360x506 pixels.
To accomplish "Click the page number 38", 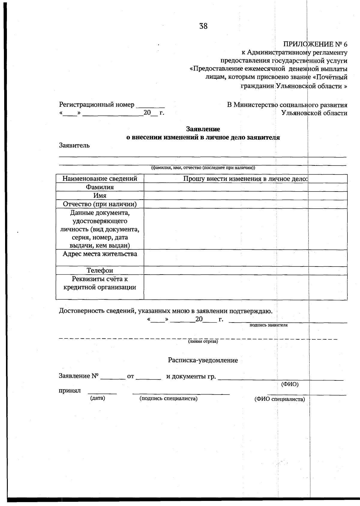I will point(203,26).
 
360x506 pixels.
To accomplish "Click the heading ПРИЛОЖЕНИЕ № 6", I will point(315,44).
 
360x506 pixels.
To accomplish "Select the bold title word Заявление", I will point(203,129).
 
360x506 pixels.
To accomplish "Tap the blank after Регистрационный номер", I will point(150,106).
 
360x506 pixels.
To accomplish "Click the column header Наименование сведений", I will point(100,179).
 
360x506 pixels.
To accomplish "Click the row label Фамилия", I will point(100,187).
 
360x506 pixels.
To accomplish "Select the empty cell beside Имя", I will point(245,196).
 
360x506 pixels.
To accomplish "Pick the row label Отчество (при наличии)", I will point(100,204).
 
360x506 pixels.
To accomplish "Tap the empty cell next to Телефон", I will point(245,271).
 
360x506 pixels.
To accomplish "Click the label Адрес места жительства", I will point(100,254).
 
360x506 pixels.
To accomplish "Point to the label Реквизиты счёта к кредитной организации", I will point(100,283).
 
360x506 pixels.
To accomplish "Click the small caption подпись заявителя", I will point(268,325).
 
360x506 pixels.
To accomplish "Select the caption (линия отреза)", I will point(203,341).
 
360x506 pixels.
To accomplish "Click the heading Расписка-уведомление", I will point(203,361).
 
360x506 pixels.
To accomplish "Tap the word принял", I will point(70,391).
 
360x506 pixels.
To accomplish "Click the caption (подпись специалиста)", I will point(168,399).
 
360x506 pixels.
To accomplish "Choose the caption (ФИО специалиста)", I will point(279,399).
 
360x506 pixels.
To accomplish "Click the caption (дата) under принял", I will point(97,398).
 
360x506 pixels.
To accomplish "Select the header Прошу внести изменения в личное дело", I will point(245,179).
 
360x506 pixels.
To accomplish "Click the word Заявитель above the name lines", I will point(74,146).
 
